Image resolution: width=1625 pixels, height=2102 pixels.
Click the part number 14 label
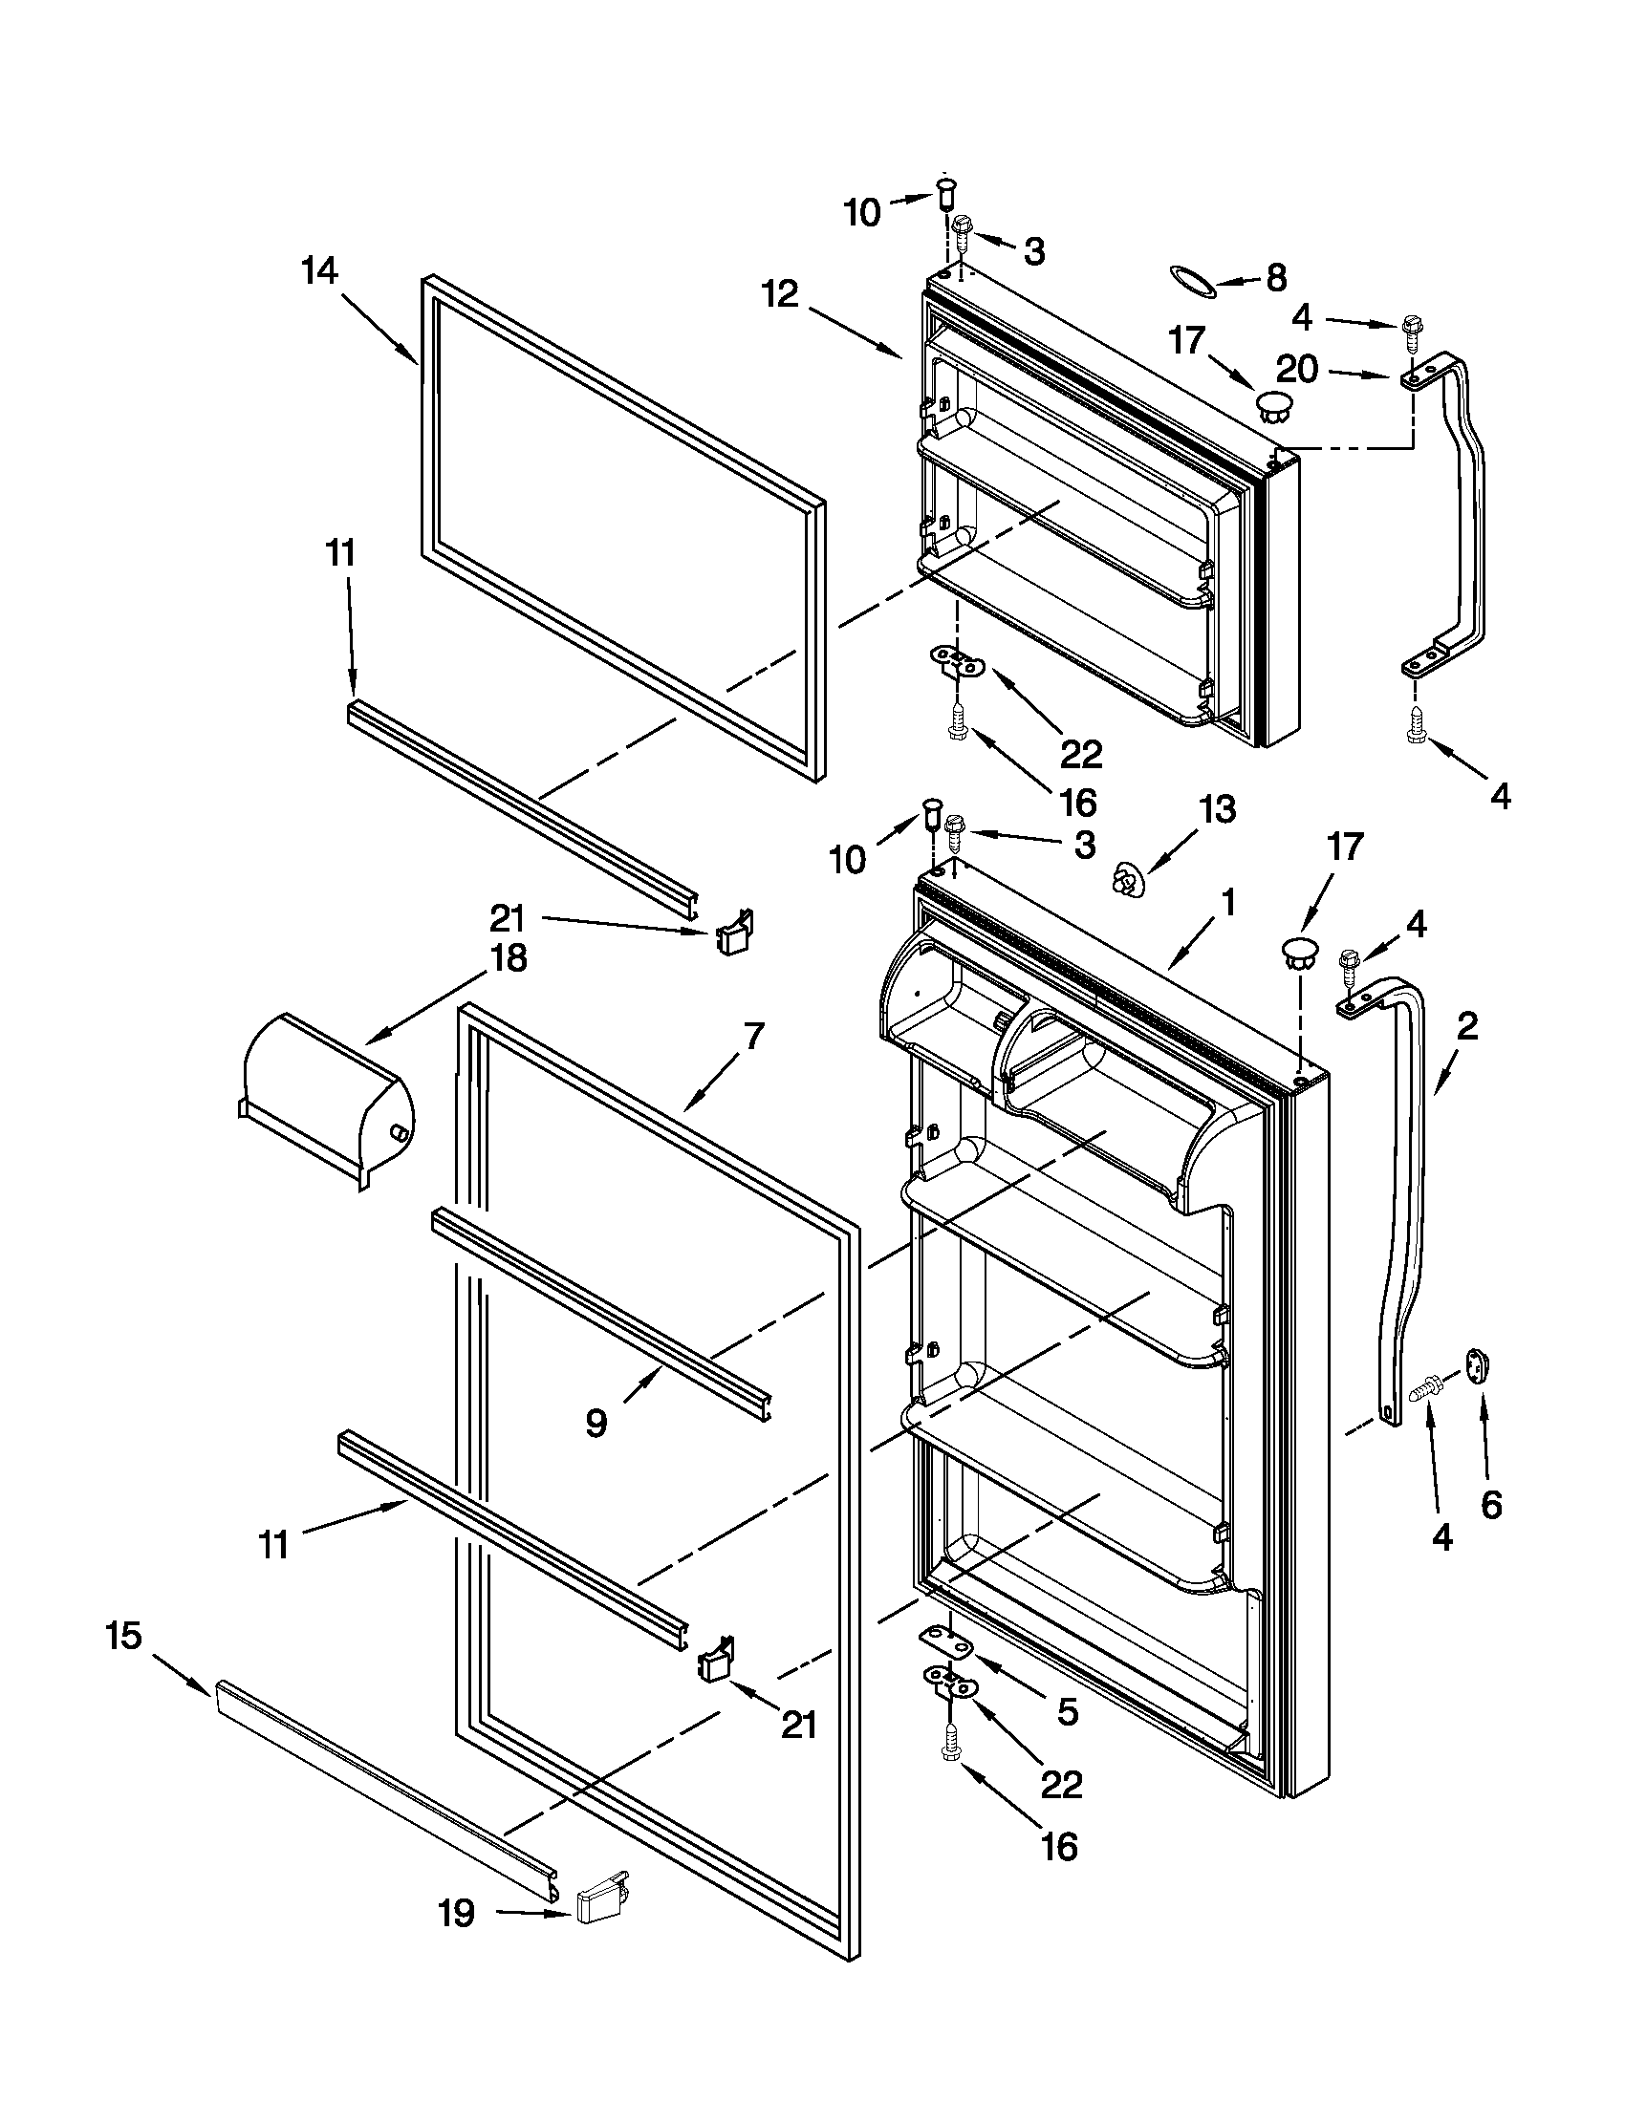[319, 271]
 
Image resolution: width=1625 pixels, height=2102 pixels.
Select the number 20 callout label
[1297, 370]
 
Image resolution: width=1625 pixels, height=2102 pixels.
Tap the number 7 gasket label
[753, 1036]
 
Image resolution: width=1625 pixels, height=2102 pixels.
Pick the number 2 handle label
[1466, 1027]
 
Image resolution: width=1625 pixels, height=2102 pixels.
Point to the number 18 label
[509, 957]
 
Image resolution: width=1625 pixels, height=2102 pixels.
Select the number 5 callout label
[1067, 1710]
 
